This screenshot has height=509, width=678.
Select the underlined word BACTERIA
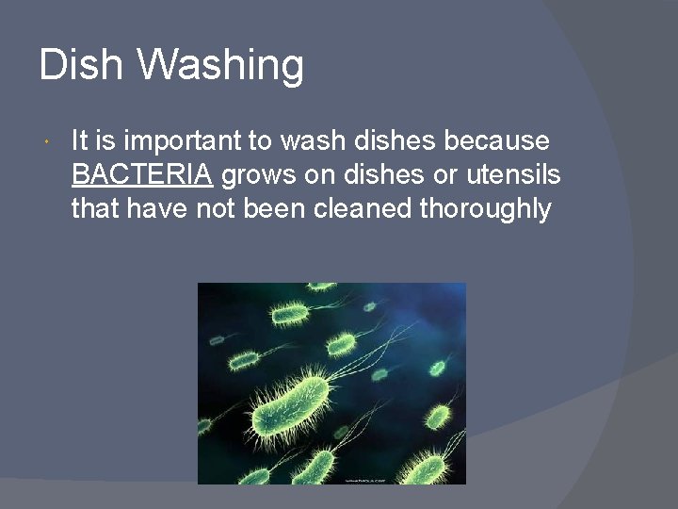(x=141, y=174)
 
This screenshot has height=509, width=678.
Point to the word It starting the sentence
(x=79, y=141)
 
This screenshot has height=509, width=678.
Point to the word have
(x=156, y=207)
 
